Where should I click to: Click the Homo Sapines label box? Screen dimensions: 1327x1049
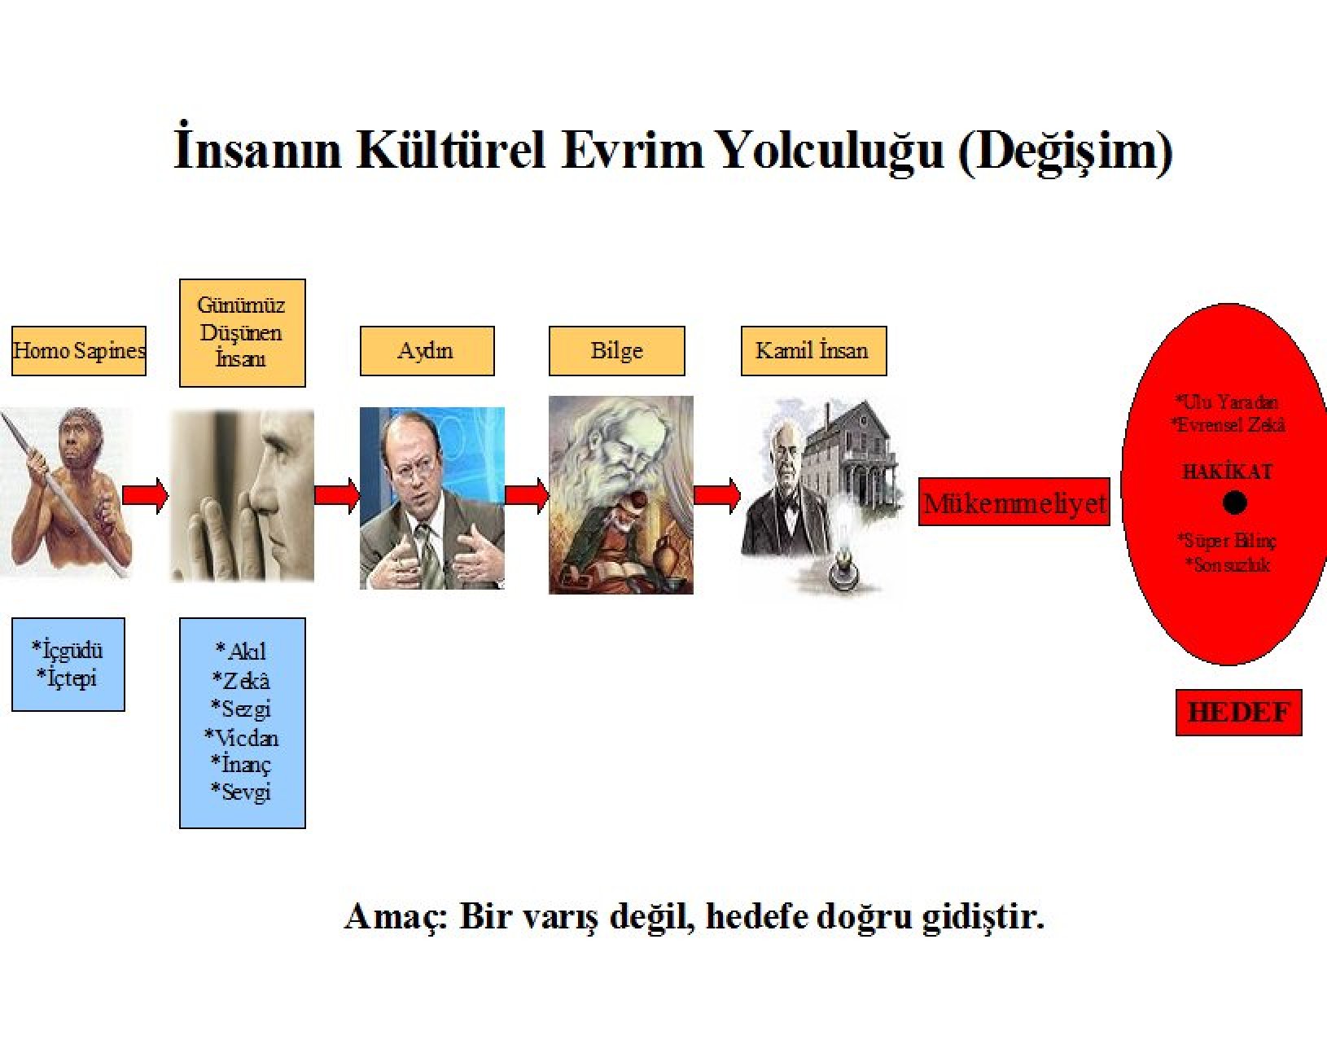tap(79, 350)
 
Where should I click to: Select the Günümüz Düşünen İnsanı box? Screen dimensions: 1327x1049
tap(243, 333)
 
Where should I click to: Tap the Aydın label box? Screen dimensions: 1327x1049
tap(427, 350)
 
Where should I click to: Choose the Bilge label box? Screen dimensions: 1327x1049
tap(616, 350)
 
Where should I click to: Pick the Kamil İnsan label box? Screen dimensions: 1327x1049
tap(814, 350)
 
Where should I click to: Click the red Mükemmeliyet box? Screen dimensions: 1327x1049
tap(1014, 502)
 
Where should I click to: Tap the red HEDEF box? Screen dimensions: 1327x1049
tap(1239, 713)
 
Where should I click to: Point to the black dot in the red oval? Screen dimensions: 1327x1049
tap(1234, 503)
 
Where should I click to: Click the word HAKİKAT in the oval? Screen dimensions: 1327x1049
tap(1227, 472)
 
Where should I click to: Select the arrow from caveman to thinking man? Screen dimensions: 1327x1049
tap(145, 495)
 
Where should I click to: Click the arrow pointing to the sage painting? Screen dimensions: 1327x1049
tap(527, 495)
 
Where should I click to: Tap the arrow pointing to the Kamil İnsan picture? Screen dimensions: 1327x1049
tap(717, 495)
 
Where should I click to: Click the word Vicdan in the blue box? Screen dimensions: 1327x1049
tap(242, 737)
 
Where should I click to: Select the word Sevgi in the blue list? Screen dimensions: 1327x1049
tap(241, 791)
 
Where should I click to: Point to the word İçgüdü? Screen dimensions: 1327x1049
tap(68, 651)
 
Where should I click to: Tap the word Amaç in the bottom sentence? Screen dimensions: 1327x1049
tap(396, 917)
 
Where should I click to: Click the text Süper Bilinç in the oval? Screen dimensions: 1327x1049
tap(1227, 541)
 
